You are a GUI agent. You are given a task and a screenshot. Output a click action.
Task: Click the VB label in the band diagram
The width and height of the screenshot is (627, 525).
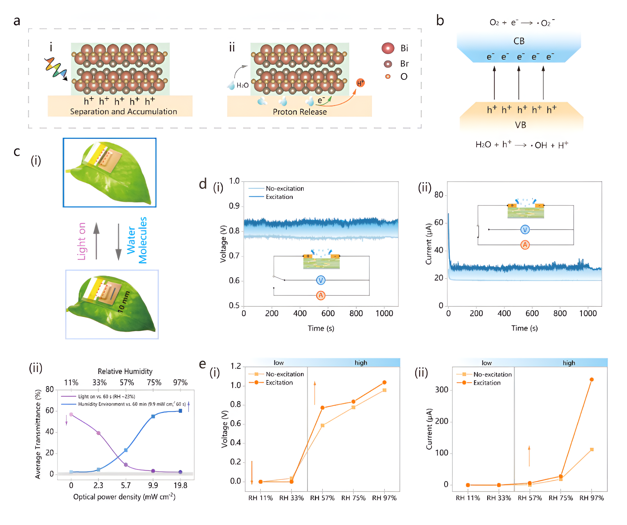click(x=520, y=125)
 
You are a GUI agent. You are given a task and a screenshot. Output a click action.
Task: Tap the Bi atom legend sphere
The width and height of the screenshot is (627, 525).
click(x=388, y=48)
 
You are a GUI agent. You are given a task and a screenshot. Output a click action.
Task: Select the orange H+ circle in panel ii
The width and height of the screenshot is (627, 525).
click(x=360, y=83)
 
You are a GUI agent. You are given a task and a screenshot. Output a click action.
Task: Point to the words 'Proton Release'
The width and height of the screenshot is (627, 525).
click(x=299, y=112)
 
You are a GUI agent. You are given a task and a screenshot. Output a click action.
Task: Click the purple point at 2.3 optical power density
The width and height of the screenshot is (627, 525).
click(x=98, y=433)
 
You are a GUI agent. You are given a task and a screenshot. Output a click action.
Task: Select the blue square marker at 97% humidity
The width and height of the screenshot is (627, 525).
click(x=180, y=411)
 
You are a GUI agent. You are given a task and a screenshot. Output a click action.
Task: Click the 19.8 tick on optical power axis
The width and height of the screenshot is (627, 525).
click(x=180, y=486)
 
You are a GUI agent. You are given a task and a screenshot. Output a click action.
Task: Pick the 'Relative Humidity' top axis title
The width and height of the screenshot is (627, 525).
click(x=125, y=371)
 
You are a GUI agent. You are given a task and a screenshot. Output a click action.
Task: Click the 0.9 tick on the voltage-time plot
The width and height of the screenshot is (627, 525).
click(x=234, y=206)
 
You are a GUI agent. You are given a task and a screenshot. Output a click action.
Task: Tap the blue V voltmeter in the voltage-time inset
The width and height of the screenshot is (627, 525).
click(x=321, y=280)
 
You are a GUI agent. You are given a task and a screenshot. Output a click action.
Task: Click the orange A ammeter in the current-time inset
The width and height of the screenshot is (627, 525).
click(x=525, y=245)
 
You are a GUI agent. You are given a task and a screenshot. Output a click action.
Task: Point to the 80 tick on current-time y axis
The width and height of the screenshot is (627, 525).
click(x=439, y=195)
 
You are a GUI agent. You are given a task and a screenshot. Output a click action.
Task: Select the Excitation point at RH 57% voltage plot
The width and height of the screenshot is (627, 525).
click(x=322, y=408)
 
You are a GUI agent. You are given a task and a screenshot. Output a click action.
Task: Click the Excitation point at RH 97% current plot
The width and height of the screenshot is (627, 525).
click(x=592, y=380)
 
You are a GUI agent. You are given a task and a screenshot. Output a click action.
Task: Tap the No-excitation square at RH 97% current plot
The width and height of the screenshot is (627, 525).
click(x=592, y=449)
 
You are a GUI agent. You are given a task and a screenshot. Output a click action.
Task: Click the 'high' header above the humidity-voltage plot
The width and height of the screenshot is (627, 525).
click(x=361, y=363)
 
